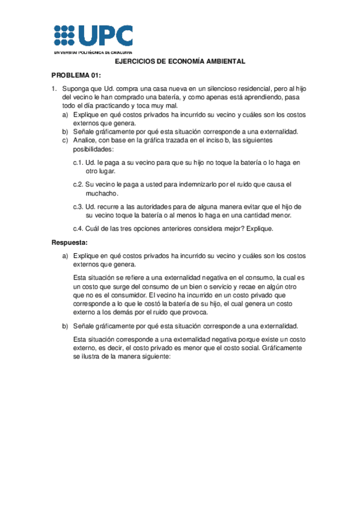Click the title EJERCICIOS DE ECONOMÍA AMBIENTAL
(x=180, y=62)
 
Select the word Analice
(x=84, y=140)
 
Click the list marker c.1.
(x=78, y=162)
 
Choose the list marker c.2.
(x=78, y=184)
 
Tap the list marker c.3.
(x=78, y=206)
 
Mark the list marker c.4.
(x=78, y=228)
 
